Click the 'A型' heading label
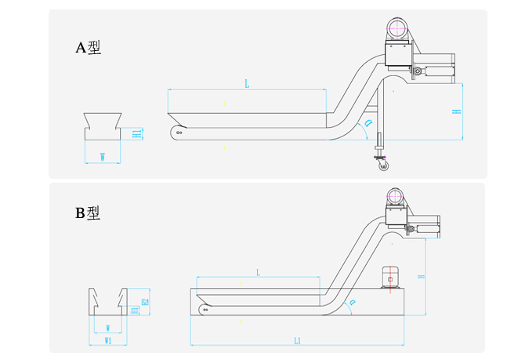point(88,48)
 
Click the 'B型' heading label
point(88,213)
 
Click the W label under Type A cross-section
point(103,157)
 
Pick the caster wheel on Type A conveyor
point(382,165)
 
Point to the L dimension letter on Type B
point(258,272)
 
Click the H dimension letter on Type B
point(421,277)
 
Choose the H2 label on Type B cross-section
point(145,301)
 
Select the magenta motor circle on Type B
point(396,195)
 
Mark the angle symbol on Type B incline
point(352,302)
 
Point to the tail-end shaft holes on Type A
point(179,133)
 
